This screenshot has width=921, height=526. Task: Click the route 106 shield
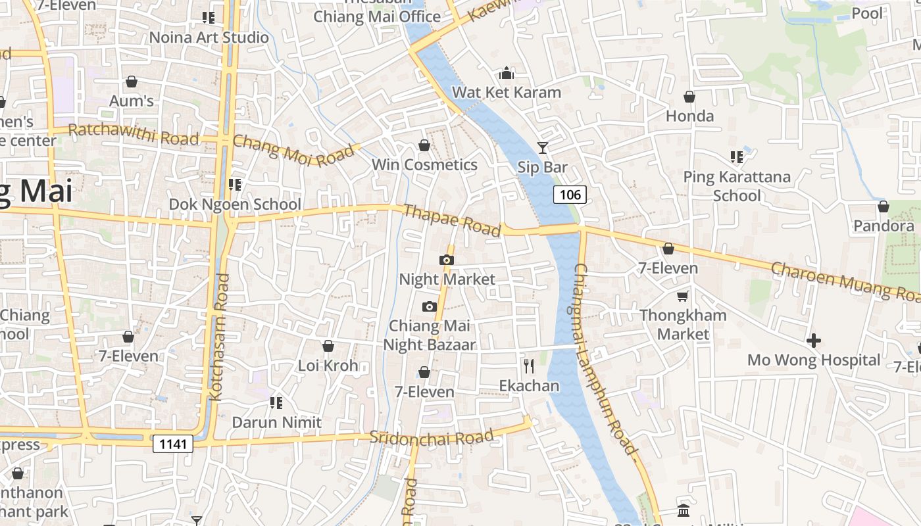[x=570, y=194]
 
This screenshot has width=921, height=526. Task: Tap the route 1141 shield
[x=174, y=444]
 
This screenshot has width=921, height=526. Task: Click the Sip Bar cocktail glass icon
[x=542, y=148]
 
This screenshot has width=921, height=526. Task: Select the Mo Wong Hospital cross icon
[x=814, y=341]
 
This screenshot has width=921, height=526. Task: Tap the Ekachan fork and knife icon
[x=529, y=366]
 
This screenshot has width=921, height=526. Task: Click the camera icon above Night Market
[x=447, y=260]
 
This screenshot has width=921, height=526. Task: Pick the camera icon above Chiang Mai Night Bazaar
[x=430, y=306]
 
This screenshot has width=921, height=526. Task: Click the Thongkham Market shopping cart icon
[x=683, y=296]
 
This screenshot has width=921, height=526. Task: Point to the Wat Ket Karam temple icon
[x=507, y=72]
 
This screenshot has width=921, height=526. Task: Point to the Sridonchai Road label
[x=432, y=437]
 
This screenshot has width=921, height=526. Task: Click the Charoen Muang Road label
[x=845, y=281]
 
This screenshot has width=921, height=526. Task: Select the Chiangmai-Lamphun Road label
[x=605, y=359]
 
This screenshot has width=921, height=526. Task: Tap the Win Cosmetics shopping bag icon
[x=424, y=145]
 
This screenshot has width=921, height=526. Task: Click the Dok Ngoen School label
[x=235, y=204]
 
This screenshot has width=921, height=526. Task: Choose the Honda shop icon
[x=689, y=97]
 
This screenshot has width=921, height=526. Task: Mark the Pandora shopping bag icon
[x=884, y=206]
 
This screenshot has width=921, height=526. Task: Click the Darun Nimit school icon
[x=276, y=402]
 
